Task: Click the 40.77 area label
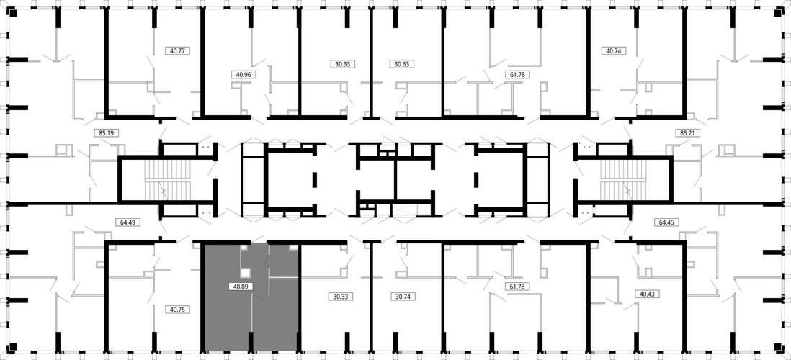pyautogui.click(x=177, y=50)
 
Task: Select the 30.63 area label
pyautogui.click(x=401, y=64)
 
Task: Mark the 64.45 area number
pyautogui.click(x=666, y=221)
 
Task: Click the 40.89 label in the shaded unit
pyautogui.click(x=240, y=286)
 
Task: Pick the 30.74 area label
pyautogui.click(x=401, y=297)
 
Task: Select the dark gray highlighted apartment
pyautogui.click(x=251, y=297)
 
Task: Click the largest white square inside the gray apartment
pyautogui.click(x=246, y=273)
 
